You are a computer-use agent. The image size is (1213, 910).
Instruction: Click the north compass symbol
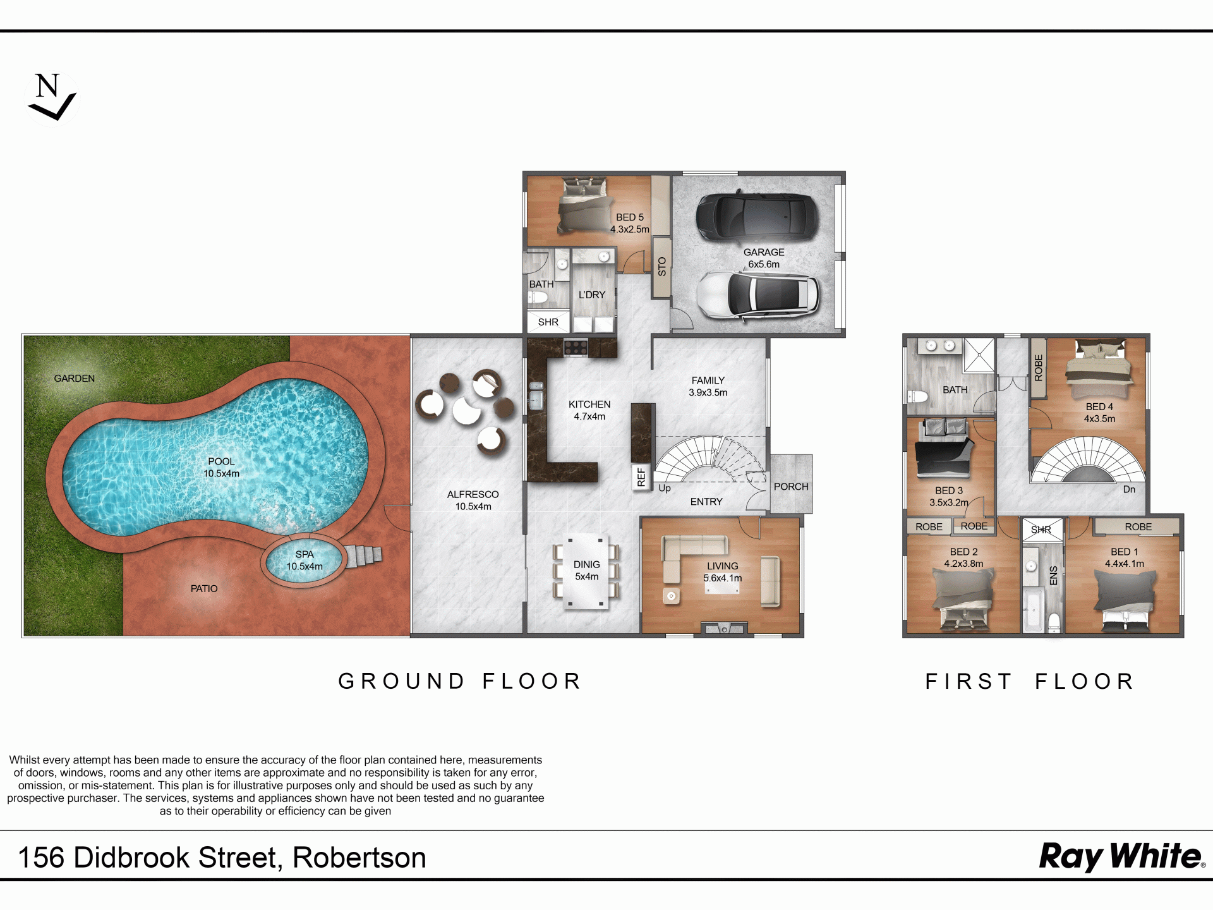click(52, 98)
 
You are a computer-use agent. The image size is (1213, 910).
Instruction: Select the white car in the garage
click(757, 295)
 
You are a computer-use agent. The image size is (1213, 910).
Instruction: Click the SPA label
click(305, 554)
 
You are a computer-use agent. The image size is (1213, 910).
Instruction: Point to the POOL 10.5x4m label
click(221, 468)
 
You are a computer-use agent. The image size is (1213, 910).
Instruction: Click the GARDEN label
click(74, 379)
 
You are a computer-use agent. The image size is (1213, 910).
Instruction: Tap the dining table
click(587, 571)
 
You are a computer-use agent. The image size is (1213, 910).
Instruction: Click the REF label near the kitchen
click(641, 477)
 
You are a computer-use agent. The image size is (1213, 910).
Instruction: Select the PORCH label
click(791, 487)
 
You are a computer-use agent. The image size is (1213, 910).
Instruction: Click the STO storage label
click(661, 267)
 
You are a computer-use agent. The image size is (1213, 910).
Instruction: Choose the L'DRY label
click(592, 295)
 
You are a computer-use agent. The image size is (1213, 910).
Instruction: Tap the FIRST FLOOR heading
click(1030, 681)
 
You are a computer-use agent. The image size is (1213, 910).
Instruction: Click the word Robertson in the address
click(359, 858)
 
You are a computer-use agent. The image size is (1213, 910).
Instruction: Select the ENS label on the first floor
click(1053, 576)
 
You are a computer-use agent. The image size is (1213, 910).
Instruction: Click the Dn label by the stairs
click(1129, 489)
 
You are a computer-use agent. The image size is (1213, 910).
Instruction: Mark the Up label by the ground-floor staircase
click(665, 488)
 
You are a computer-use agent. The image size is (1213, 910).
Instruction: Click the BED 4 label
click(1099, 407)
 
